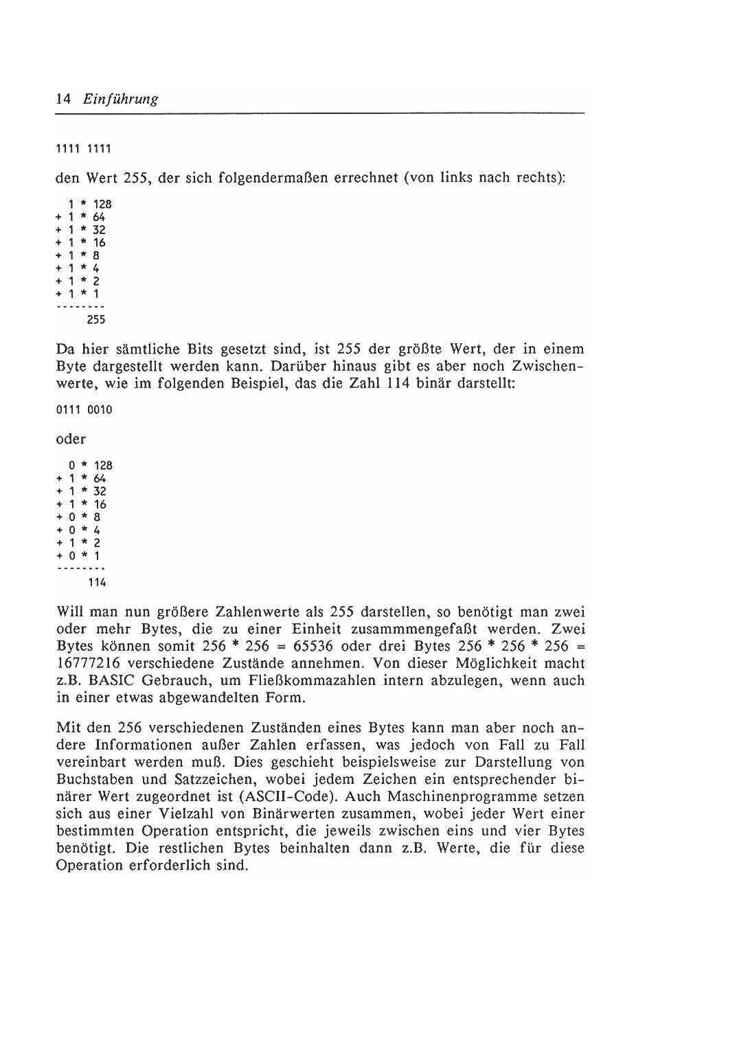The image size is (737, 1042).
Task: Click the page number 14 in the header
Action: click(63, 99)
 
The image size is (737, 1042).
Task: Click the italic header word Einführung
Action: click(120, 99)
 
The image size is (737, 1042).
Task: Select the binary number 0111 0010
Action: click(84, 410)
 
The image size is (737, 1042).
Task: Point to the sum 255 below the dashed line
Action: click(95, 319)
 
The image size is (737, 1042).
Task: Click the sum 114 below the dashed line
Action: click(96, 583)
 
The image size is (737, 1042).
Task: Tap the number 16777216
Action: click(89, 664)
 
